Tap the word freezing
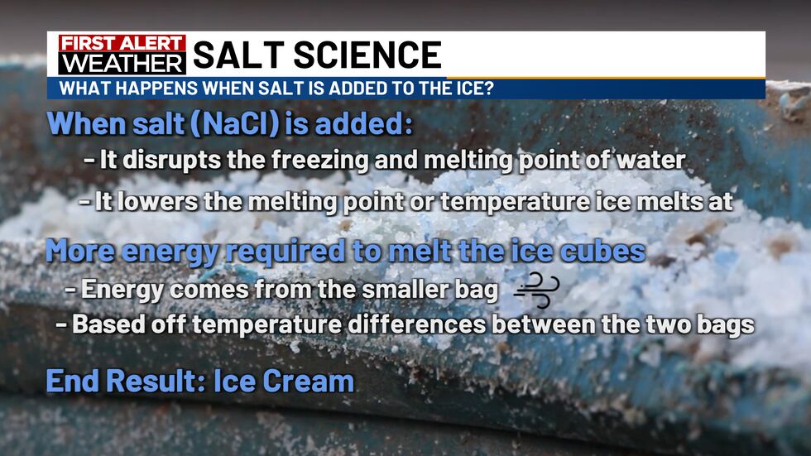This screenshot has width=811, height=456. (x=314, y=161)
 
